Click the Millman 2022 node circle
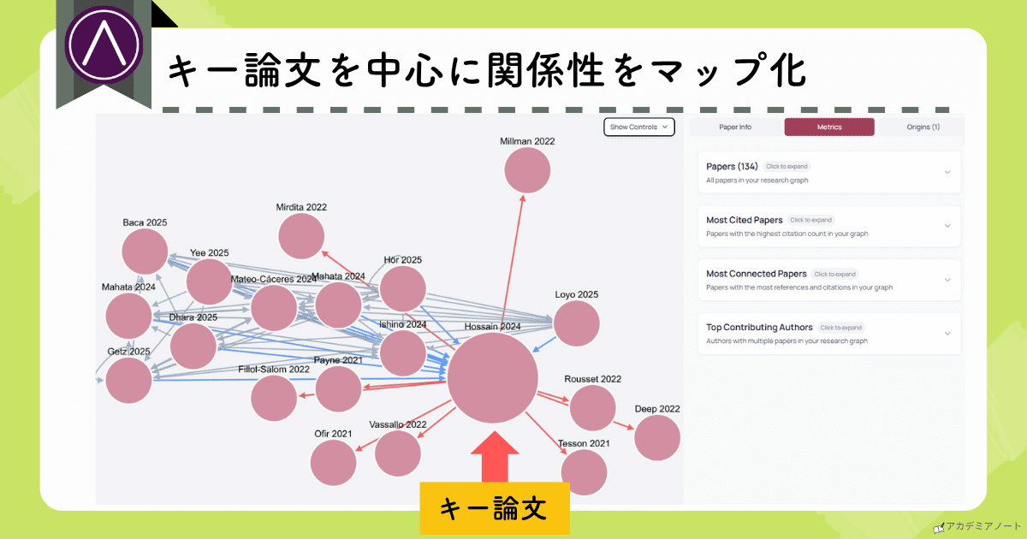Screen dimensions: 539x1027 tap(526, 170)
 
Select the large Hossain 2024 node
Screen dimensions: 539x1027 tap(492, 378)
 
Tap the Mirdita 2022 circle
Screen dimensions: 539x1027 tap(301, 236)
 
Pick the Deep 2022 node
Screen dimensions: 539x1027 tap(656, 437)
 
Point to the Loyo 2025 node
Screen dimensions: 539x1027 tap(576, 324)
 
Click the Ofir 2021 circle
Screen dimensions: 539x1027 tap(333, 463)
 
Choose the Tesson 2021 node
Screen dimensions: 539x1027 tap(584, 472)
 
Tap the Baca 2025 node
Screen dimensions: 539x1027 tap(145, 252)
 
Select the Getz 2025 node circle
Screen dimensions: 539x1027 tap(128, 381)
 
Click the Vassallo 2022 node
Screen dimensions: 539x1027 tap(397, 453)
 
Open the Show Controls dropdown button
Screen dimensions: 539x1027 tap(638, 127)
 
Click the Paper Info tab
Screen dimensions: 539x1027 tap(734, 127)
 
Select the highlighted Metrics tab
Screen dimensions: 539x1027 tap(828, 127)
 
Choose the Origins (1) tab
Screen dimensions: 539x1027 tap(923, 127)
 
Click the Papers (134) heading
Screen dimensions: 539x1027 tap(733, 166)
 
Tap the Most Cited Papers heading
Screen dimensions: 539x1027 tap(745, 220)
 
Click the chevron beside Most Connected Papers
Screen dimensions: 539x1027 tap(947, 280)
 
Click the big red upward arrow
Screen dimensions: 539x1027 tap(495, 461)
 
